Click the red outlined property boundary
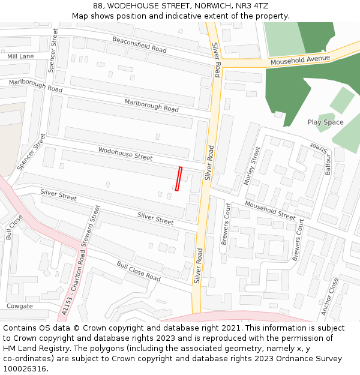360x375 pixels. [x=178, y=179]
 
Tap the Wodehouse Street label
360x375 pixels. [x=125, y=154]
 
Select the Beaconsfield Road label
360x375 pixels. [x=139, y=44]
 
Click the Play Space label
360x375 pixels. [x=326, y=122]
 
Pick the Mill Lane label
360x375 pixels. [x=20, y=56]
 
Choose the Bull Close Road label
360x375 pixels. [x=139, y=271]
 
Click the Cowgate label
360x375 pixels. [x=19, y=306]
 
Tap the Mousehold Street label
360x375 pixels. [x=270, y=211]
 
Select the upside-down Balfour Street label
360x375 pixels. [x=320, y=146]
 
